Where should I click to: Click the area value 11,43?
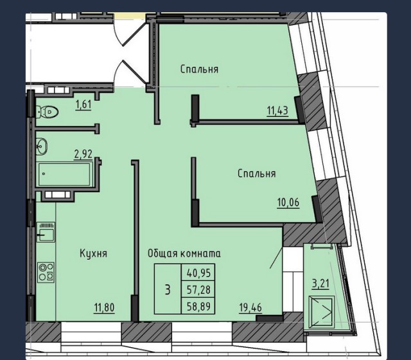coord(277,111)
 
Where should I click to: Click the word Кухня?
coord(93,253)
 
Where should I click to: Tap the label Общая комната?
coord(184,253)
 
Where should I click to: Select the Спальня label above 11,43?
coord(199,69)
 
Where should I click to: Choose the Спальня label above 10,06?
coord(256,174)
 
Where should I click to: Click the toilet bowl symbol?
coord(47,112)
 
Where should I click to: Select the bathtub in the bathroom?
coord(64,174)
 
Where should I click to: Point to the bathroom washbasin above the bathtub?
coord(42,146)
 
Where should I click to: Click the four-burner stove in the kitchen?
coord(45,271)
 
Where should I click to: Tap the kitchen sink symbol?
coord(45,233)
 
